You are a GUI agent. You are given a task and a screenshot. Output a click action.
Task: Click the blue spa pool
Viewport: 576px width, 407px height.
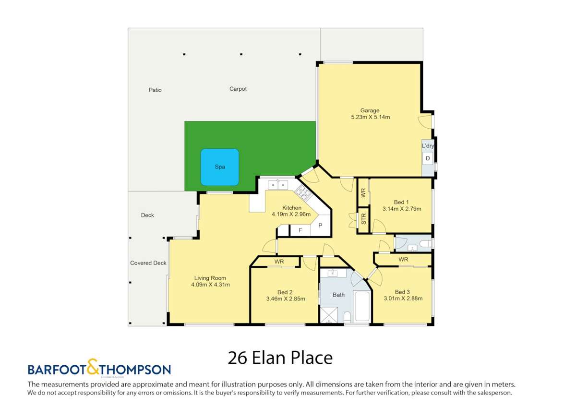click(x=219, y=167)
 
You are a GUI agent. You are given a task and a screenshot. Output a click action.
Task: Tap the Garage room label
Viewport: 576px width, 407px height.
click(x=370, y=110)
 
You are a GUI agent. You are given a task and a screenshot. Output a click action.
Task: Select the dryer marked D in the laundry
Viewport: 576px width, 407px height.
click(x=428, y=158)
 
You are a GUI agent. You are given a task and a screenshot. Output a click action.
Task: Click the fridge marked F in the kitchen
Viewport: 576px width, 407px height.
click(x=300, y=230)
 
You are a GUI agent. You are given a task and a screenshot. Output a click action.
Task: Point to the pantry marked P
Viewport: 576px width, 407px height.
click(x=320, y=226)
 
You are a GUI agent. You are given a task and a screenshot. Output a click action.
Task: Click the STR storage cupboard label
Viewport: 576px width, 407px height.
click(x=363, y=219)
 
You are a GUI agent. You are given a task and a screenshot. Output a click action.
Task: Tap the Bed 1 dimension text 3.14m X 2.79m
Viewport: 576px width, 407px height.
click(x=401, y=209)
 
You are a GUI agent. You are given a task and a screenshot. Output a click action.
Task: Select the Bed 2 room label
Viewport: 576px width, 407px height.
click(x=285, y=292)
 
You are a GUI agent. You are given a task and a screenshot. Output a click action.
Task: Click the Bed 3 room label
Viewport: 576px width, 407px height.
click(x=402, y=292)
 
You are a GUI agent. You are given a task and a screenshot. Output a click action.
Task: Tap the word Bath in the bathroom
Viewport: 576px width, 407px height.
click(x=338, y=295)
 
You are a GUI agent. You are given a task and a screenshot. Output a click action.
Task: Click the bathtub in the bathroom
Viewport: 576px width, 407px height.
click(x=361, y=306)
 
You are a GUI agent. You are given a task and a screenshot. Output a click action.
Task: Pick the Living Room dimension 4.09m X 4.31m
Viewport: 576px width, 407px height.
click(x=210, y=285)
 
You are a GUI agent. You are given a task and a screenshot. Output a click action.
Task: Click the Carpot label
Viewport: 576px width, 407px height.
click(x=238, y=89)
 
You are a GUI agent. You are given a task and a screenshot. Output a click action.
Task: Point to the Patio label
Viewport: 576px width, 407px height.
click(x=155, y=90)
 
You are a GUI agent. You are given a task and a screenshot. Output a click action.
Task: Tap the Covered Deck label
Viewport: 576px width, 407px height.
click(x=148, y=263)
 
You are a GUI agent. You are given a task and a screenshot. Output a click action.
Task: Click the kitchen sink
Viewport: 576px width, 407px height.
click(x=277, y=184)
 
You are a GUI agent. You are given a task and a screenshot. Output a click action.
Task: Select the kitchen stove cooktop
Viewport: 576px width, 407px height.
click(x=303, y=192)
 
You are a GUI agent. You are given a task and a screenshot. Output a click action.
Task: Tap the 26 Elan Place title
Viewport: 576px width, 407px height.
click(x=280, y=358)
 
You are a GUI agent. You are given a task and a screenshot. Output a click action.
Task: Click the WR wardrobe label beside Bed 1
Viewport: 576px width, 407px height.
click(x=363, y=193)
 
